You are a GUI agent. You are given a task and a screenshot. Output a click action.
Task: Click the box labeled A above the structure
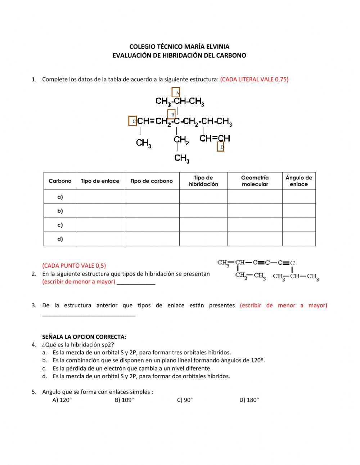176,93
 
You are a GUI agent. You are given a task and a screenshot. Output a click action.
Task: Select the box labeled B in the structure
172,115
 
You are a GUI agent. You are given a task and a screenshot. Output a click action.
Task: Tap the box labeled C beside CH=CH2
133,121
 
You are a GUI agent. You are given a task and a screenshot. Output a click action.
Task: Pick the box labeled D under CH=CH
221,147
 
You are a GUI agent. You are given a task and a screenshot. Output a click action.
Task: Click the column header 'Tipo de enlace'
100,181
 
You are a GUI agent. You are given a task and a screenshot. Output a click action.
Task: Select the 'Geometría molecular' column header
255,181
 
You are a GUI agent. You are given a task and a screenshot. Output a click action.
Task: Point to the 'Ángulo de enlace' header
299,181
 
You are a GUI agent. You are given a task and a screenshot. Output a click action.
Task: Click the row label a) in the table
60,197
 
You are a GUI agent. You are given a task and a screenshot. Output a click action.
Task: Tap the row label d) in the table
60,239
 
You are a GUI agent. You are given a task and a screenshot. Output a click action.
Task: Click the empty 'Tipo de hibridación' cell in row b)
203,211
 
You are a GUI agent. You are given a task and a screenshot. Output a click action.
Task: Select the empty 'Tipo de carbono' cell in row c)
152,225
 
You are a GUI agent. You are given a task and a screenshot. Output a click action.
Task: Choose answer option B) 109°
124,400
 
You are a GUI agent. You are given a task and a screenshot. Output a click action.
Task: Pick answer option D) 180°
249,400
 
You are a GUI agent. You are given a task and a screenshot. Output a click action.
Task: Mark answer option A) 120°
62,400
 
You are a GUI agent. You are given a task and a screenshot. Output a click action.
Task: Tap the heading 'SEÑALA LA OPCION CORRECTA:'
84,337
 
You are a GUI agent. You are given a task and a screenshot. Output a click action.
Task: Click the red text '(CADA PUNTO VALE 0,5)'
74,266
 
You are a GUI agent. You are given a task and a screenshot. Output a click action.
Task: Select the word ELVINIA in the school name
218,46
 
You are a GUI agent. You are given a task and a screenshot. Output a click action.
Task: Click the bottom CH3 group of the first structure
182,158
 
